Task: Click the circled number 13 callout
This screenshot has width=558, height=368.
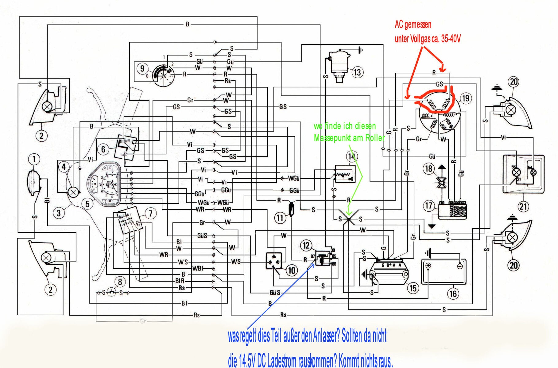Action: (357, 72)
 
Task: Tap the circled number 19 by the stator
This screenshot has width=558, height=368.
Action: (466, 98)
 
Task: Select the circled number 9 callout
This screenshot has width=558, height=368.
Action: (142, 68)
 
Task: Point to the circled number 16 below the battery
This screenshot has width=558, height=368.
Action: (453, 294)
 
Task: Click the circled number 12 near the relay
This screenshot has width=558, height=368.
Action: (306, 245)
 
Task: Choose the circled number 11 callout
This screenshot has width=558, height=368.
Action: (280, 218)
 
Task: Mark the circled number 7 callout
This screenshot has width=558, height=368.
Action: (150, 213)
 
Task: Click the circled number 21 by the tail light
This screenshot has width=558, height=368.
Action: (523, 206)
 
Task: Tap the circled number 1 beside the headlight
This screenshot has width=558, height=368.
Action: (34, 159)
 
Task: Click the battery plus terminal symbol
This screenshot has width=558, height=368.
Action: (428, 266)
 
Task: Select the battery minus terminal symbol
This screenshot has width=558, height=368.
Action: (459, 266)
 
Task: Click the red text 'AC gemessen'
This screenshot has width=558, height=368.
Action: (413, 25)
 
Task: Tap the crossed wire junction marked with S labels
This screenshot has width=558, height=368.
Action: (349, 219)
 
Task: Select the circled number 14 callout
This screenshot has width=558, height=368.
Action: (352, 157)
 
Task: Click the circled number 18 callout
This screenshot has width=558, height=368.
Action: (428, 168)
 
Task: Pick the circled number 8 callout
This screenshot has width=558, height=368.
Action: (120, 282)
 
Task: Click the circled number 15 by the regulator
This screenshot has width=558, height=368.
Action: (413, 288)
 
